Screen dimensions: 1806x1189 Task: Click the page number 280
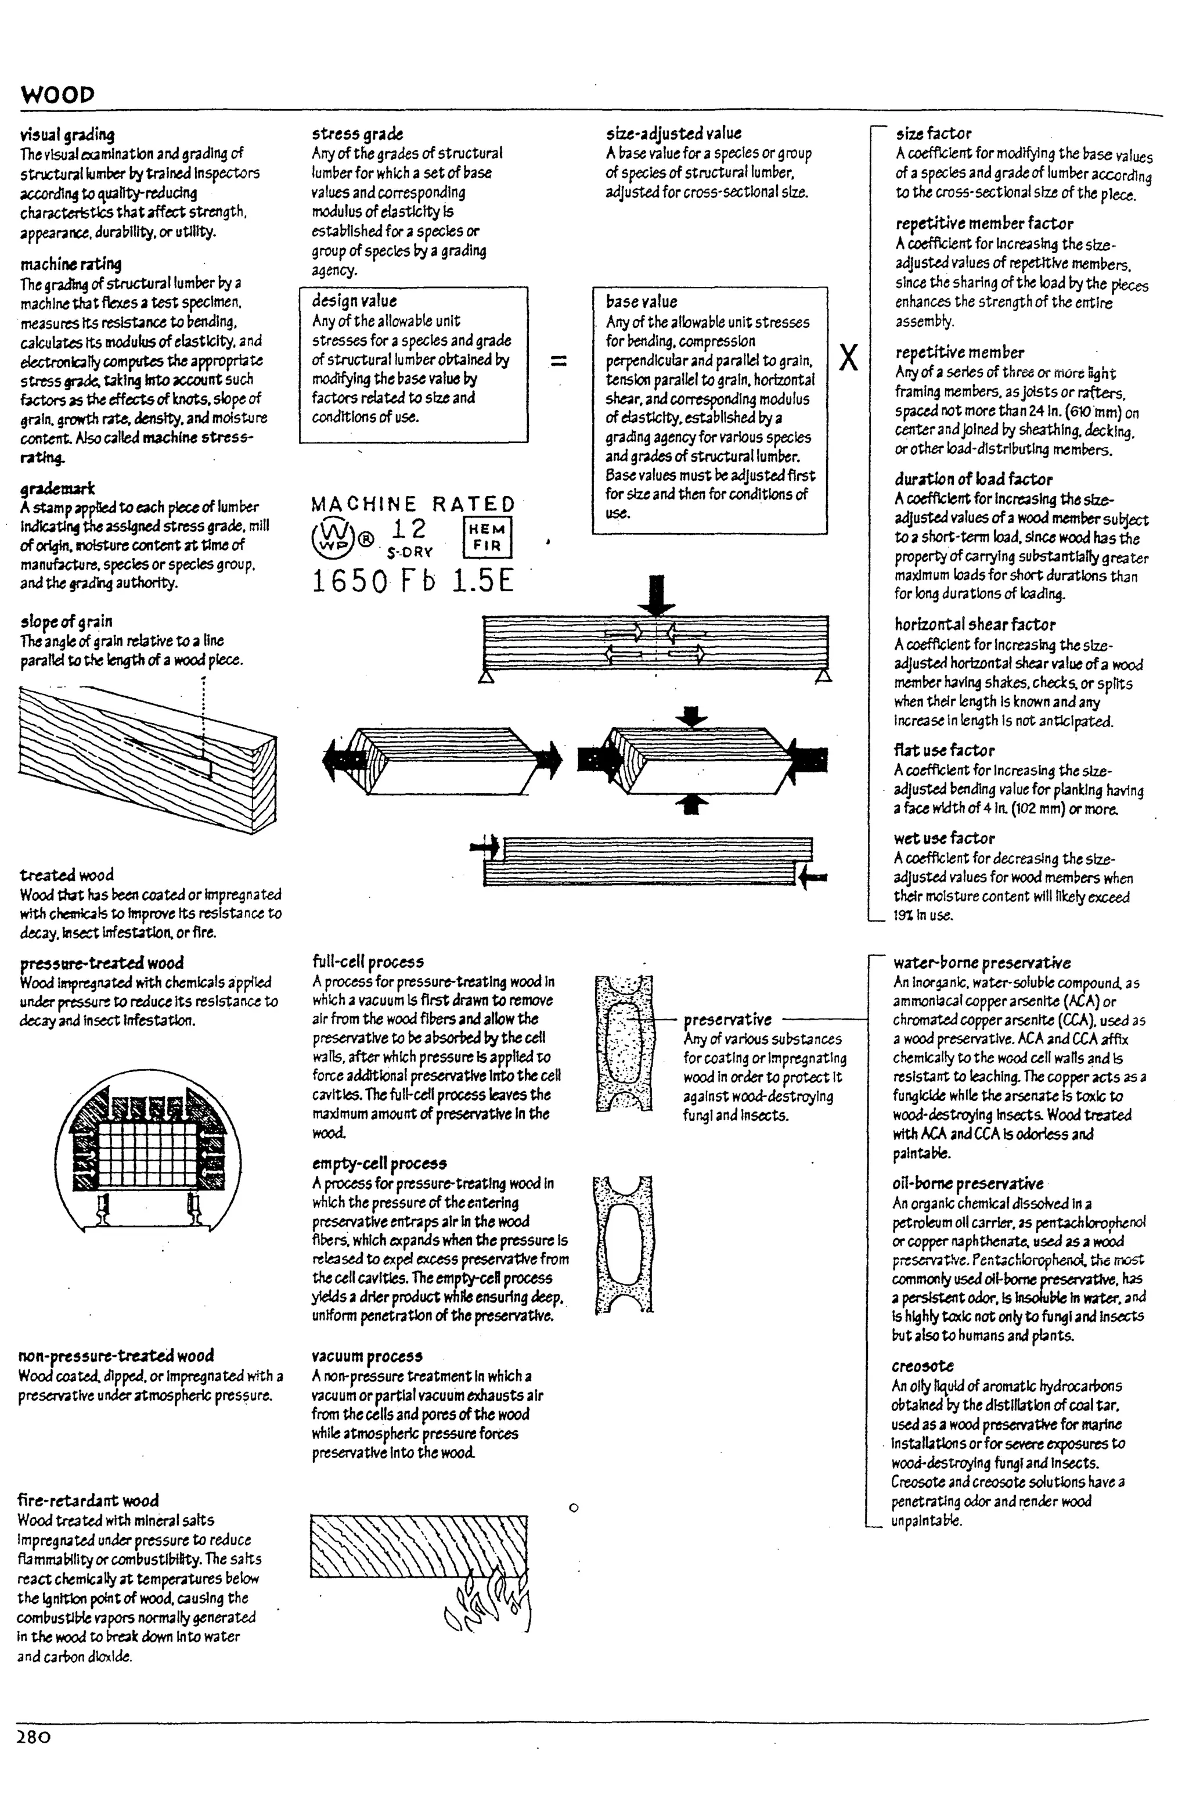click(x=34, y=1737)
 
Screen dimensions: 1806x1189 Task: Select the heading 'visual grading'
click(x=67, y=135)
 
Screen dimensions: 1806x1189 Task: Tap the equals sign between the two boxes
click(x=559, y=361)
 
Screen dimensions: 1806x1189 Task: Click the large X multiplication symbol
click(x=849, y=358)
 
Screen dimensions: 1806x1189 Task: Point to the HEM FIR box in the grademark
click(x=487, y=537)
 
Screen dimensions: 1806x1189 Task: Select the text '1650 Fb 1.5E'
click(x=413, y=581)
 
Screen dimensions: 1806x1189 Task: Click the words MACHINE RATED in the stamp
click(x=413, y=505)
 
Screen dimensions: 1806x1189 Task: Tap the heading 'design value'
click(x=354, y=300)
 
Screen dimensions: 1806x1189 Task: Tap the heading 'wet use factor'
click(x=944, y=838)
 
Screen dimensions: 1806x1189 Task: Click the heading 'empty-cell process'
click(x=379, y=1163)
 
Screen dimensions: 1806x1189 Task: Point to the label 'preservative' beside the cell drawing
click(x=727, y=1019)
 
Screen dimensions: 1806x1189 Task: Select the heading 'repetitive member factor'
click(x=984, y=223)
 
